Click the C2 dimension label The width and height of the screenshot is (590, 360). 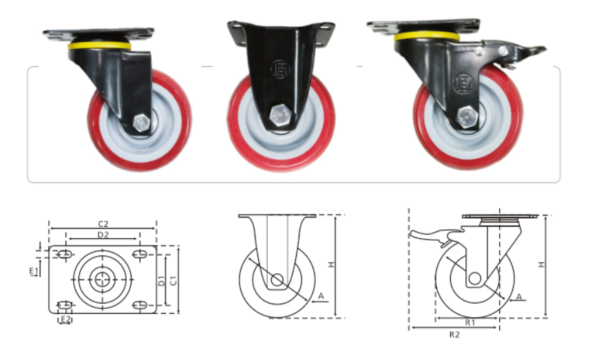pos(103,224)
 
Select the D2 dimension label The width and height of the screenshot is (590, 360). pos(103,235)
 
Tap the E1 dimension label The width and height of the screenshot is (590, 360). pos(34,271)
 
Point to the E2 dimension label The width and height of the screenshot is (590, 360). pos(66,319)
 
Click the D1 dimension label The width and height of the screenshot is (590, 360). pos(161,281)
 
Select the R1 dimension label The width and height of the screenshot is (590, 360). pos(470,323)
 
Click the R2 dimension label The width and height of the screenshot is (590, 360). pos(454,335)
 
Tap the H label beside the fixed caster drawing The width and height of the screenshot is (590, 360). pos(331,265)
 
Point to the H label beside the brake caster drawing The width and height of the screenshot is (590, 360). pos(541,265)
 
